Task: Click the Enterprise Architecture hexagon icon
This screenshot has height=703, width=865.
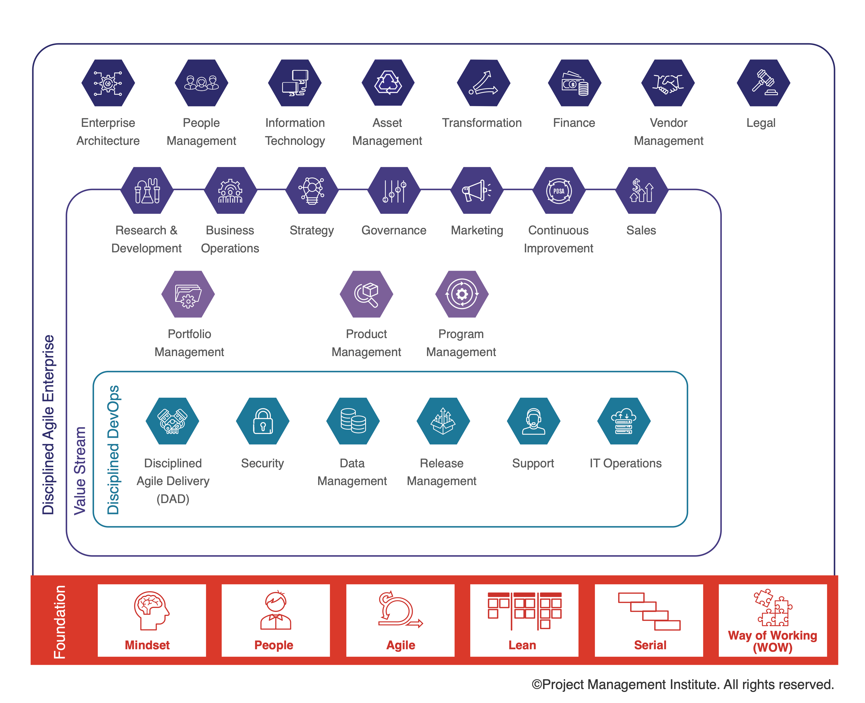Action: [x=108, y=83]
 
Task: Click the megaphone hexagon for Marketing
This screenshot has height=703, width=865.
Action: [x=477, y=190]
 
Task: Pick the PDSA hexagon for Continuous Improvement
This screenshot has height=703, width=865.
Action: [x=559, y=190]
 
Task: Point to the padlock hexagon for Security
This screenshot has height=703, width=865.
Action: [x=263, y=421]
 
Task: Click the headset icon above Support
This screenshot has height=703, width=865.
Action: [x=533, y=421]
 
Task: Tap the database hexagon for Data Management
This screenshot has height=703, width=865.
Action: [x=353, y=421]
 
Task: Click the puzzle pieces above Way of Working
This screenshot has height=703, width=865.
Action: [x=773, y=607]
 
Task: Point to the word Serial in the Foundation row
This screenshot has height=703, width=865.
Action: [x=650, y=645]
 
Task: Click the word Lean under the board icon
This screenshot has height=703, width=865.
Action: [x=522, y=645]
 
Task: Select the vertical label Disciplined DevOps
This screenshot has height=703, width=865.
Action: [x=113, y=450]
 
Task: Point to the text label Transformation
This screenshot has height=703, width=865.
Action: [x=482, y=123]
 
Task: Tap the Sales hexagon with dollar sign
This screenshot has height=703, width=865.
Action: [x=641, y=190]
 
